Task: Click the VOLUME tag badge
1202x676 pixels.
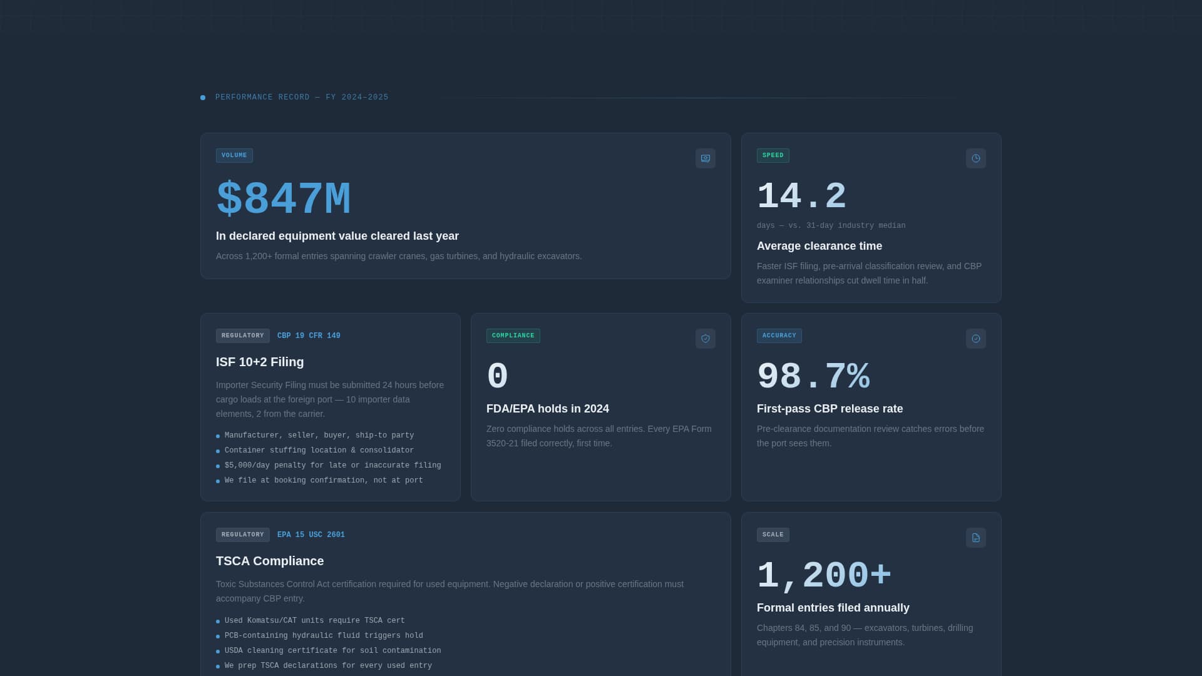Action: (x=234, y=155)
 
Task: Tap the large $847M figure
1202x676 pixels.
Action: (x=283, y=200)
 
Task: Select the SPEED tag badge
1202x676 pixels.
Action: (x=773, y=155)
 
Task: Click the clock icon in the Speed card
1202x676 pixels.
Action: (x=975, y=158)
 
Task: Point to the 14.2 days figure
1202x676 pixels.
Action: (x=801, y=197)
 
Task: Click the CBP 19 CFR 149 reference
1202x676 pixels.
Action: (x=309, y=335)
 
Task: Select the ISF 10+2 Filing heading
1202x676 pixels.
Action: (x=260, y=362)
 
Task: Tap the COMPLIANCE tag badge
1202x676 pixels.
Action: (x=513, y=335)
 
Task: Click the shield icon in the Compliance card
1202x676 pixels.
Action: (x=705, y=339)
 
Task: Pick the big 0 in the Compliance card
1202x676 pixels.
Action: (x=497, y=377)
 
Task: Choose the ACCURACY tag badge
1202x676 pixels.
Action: (x=779, y=335)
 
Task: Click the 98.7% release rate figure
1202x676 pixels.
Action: (x=813, y=377)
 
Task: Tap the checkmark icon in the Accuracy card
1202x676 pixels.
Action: (x=975, y=339)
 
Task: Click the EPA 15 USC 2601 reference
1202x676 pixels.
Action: (x=311, y=535)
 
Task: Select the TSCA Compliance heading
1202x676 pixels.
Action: (x=270, y=561)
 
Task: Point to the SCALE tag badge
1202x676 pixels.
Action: (x=773, y=535)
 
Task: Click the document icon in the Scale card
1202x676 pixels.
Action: (x=975, y=538)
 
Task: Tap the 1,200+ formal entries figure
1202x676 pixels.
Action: (x=824, y=576)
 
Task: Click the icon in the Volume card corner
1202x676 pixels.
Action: (x=705, y=158)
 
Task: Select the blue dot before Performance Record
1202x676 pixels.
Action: (x=203, y=98)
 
